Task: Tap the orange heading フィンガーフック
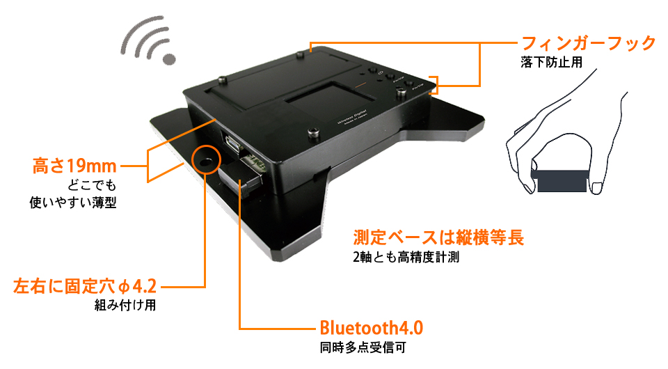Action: coord(589,43)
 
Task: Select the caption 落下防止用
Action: coord(551,62)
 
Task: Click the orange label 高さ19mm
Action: coord(74,166)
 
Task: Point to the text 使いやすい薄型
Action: coord(73,203)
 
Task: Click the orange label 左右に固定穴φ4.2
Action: coord(85,286)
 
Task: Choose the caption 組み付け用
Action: coord(125,305)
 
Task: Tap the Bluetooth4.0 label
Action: coord(371,328)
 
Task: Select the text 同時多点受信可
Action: coord(363,347)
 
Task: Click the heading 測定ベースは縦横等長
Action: coord(438,237)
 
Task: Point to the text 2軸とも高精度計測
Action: coord(406,257)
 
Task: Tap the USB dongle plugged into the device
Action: coord(241,176)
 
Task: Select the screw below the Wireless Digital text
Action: coord(314,132)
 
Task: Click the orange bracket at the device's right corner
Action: coord(434,85)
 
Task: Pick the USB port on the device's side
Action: coord(232,142)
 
